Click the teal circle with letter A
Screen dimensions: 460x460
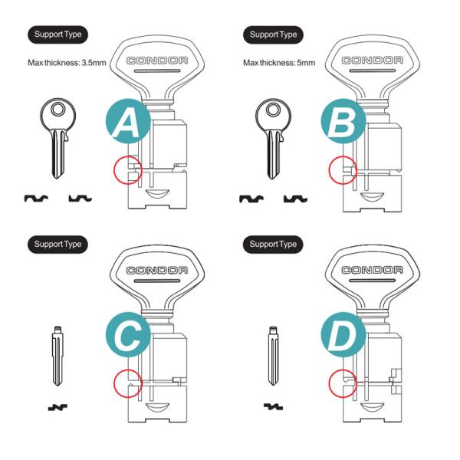coord(128,121)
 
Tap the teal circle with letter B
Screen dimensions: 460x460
coord(343,121)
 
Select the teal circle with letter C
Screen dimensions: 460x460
coord(128,334)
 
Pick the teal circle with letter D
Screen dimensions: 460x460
coord(343,334)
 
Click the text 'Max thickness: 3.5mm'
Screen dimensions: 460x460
coord(67,63)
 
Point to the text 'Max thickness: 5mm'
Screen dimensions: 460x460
coord(279,63)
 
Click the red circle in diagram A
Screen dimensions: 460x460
coord(127,170)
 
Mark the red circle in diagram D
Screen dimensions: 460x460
coord(343,383)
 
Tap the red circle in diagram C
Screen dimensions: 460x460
coord(127,383)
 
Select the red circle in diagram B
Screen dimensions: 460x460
coord(343,170)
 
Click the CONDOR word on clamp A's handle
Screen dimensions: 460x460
coord(157,61)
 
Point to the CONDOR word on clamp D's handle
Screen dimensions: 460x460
coord(372,270)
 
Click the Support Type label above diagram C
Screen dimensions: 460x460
coord(58,245)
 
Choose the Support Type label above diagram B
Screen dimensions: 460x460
coord(273,34)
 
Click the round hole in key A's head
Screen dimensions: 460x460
coord(58,110)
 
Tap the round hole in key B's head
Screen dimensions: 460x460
coord(274,110)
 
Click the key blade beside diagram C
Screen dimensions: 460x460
coord(58,356)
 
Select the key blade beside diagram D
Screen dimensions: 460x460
coord(273,356)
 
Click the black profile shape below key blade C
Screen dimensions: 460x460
coord(58,407)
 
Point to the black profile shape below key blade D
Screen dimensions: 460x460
coord(273,406)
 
